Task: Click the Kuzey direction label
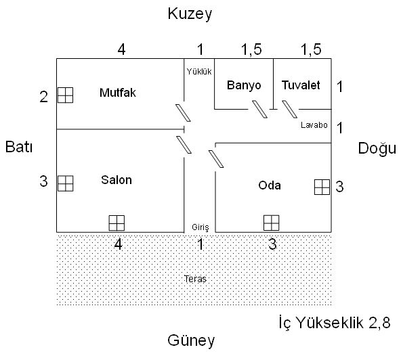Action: click(x=190, y=14)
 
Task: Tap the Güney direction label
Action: click(x=191, y=340)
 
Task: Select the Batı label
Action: click(x=19, y=147)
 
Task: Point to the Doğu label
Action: click(x=377, y=148)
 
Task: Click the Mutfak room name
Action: click(x=118, y=93)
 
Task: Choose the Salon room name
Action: click(x=117, y=180)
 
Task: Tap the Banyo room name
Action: click(x=244, y=85)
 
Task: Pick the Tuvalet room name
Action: click(x=301, y=85)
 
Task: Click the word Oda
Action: click(x=270, y=185)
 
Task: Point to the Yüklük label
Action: click(x=199, y=72)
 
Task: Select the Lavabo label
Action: click(x=314, y=125)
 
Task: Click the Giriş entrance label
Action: click(x=200, y=227)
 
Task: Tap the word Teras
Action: click(x=195, y=279)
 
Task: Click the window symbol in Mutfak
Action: click(x=65, y=95)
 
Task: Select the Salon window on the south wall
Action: click(x=117, y=223)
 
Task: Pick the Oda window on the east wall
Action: click(x=322, y=187)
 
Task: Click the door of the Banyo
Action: click(x=259, y=109)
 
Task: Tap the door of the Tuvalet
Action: click(x=289, y=109)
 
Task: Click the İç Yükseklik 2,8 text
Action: click(x=335, y=322)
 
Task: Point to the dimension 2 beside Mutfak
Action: click(x=44, y=97)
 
